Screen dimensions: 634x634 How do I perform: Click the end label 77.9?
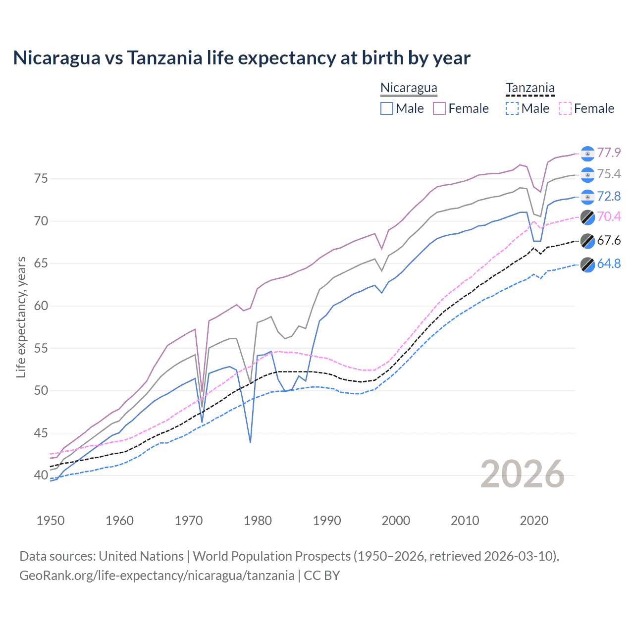click(609, 153)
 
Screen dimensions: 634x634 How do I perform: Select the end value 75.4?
click(609, 174)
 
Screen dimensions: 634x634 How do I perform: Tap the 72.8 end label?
click(609, 197)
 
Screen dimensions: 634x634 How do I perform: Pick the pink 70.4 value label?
click(609, 216)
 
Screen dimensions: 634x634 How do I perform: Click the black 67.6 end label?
click(609, 241)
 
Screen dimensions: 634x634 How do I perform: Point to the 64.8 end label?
click(609, 264)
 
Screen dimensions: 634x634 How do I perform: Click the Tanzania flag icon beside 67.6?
click(587, 241)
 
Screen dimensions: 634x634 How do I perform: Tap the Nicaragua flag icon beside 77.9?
click(587, 154)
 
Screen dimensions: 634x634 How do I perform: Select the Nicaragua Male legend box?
click(387, 108)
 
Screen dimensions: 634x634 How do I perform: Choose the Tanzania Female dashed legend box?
click(565, 108)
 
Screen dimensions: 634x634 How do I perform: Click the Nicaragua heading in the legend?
click(409, 88)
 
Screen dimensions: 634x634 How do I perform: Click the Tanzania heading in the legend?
click(530, 88)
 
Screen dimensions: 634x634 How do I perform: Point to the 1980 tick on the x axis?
click(258, 521)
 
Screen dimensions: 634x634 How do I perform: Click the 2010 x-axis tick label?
click(465, 521)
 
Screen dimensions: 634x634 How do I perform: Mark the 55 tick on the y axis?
click(41, 348)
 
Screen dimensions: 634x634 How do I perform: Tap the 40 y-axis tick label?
click(41, 475)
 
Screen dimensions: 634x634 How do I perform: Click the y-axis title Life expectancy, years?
click(21, 317)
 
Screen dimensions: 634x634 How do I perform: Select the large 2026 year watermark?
click(522, 475)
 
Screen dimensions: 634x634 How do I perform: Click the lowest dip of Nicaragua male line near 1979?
click(250, 442)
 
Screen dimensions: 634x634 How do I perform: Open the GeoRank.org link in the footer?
click(157, 576)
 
